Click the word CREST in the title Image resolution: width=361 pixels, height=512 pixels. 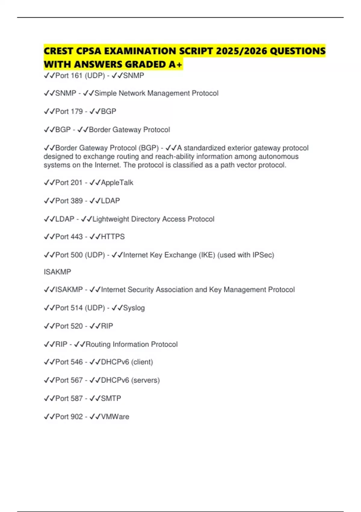[59, 51]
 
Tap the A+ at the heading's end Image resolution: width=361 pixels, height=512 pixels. [175, 64]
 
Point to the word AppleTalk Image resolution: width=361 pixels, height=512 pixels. [117, 183]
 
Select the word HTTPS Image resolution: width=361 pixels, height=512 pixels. [113, 237]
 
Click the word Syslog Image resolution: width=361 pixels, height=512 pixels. [134, 308]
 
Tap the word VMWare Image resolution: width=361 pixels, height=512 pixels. [115, 417]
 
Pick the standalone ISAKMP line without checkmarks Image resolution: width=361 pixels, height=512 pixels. [57, 272]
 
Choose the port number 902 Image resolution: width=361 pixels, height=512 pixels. [76, 417]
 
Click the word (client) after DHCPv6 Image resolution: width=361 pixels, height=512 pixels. [142, 362]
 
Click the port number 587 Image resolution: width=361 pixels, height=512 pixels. [76, 398]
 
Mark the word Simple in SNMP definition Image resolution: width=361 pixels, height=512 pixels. [106, 93]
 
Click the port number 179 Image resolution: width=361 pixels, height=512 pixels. [76, 111]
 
